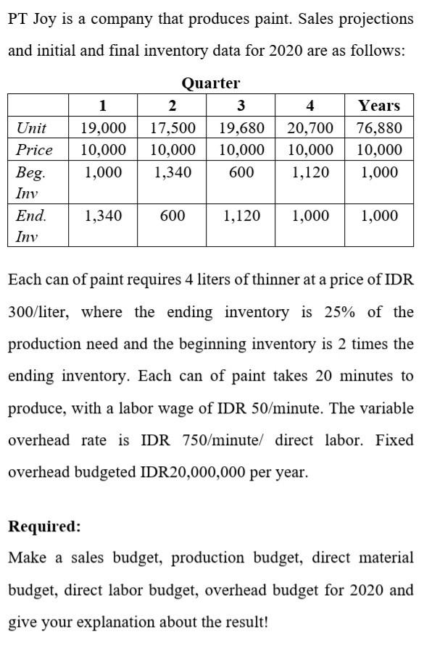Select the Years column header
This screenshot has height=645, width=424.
tap(379, 106)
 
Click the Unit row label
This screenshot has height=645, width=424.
tap(31, 128)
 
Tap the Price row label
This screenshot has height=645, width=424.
tap(34, 150)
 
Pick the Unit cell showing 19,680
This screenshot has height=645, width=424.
tap(241, 128)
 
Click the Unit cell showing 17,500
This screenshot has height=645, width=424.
tap(172, 128)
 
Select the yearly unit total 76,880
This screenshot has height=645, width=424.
tap(379, 128)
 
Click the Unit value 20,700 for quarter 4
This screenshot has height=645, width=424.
tap(310, 128)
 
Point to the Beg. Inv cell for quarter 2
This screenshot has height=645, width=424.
tap(172, 172)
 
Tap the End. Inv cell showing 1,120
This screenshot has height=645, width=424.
tap(241, 216)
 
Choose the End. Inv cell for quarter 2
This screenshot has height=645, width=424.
tap(172, 216)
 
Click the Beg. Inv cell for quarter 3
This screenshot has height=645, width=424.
tap(241, 172)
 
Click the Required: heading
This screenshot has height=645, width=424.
tap(45, 526)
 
